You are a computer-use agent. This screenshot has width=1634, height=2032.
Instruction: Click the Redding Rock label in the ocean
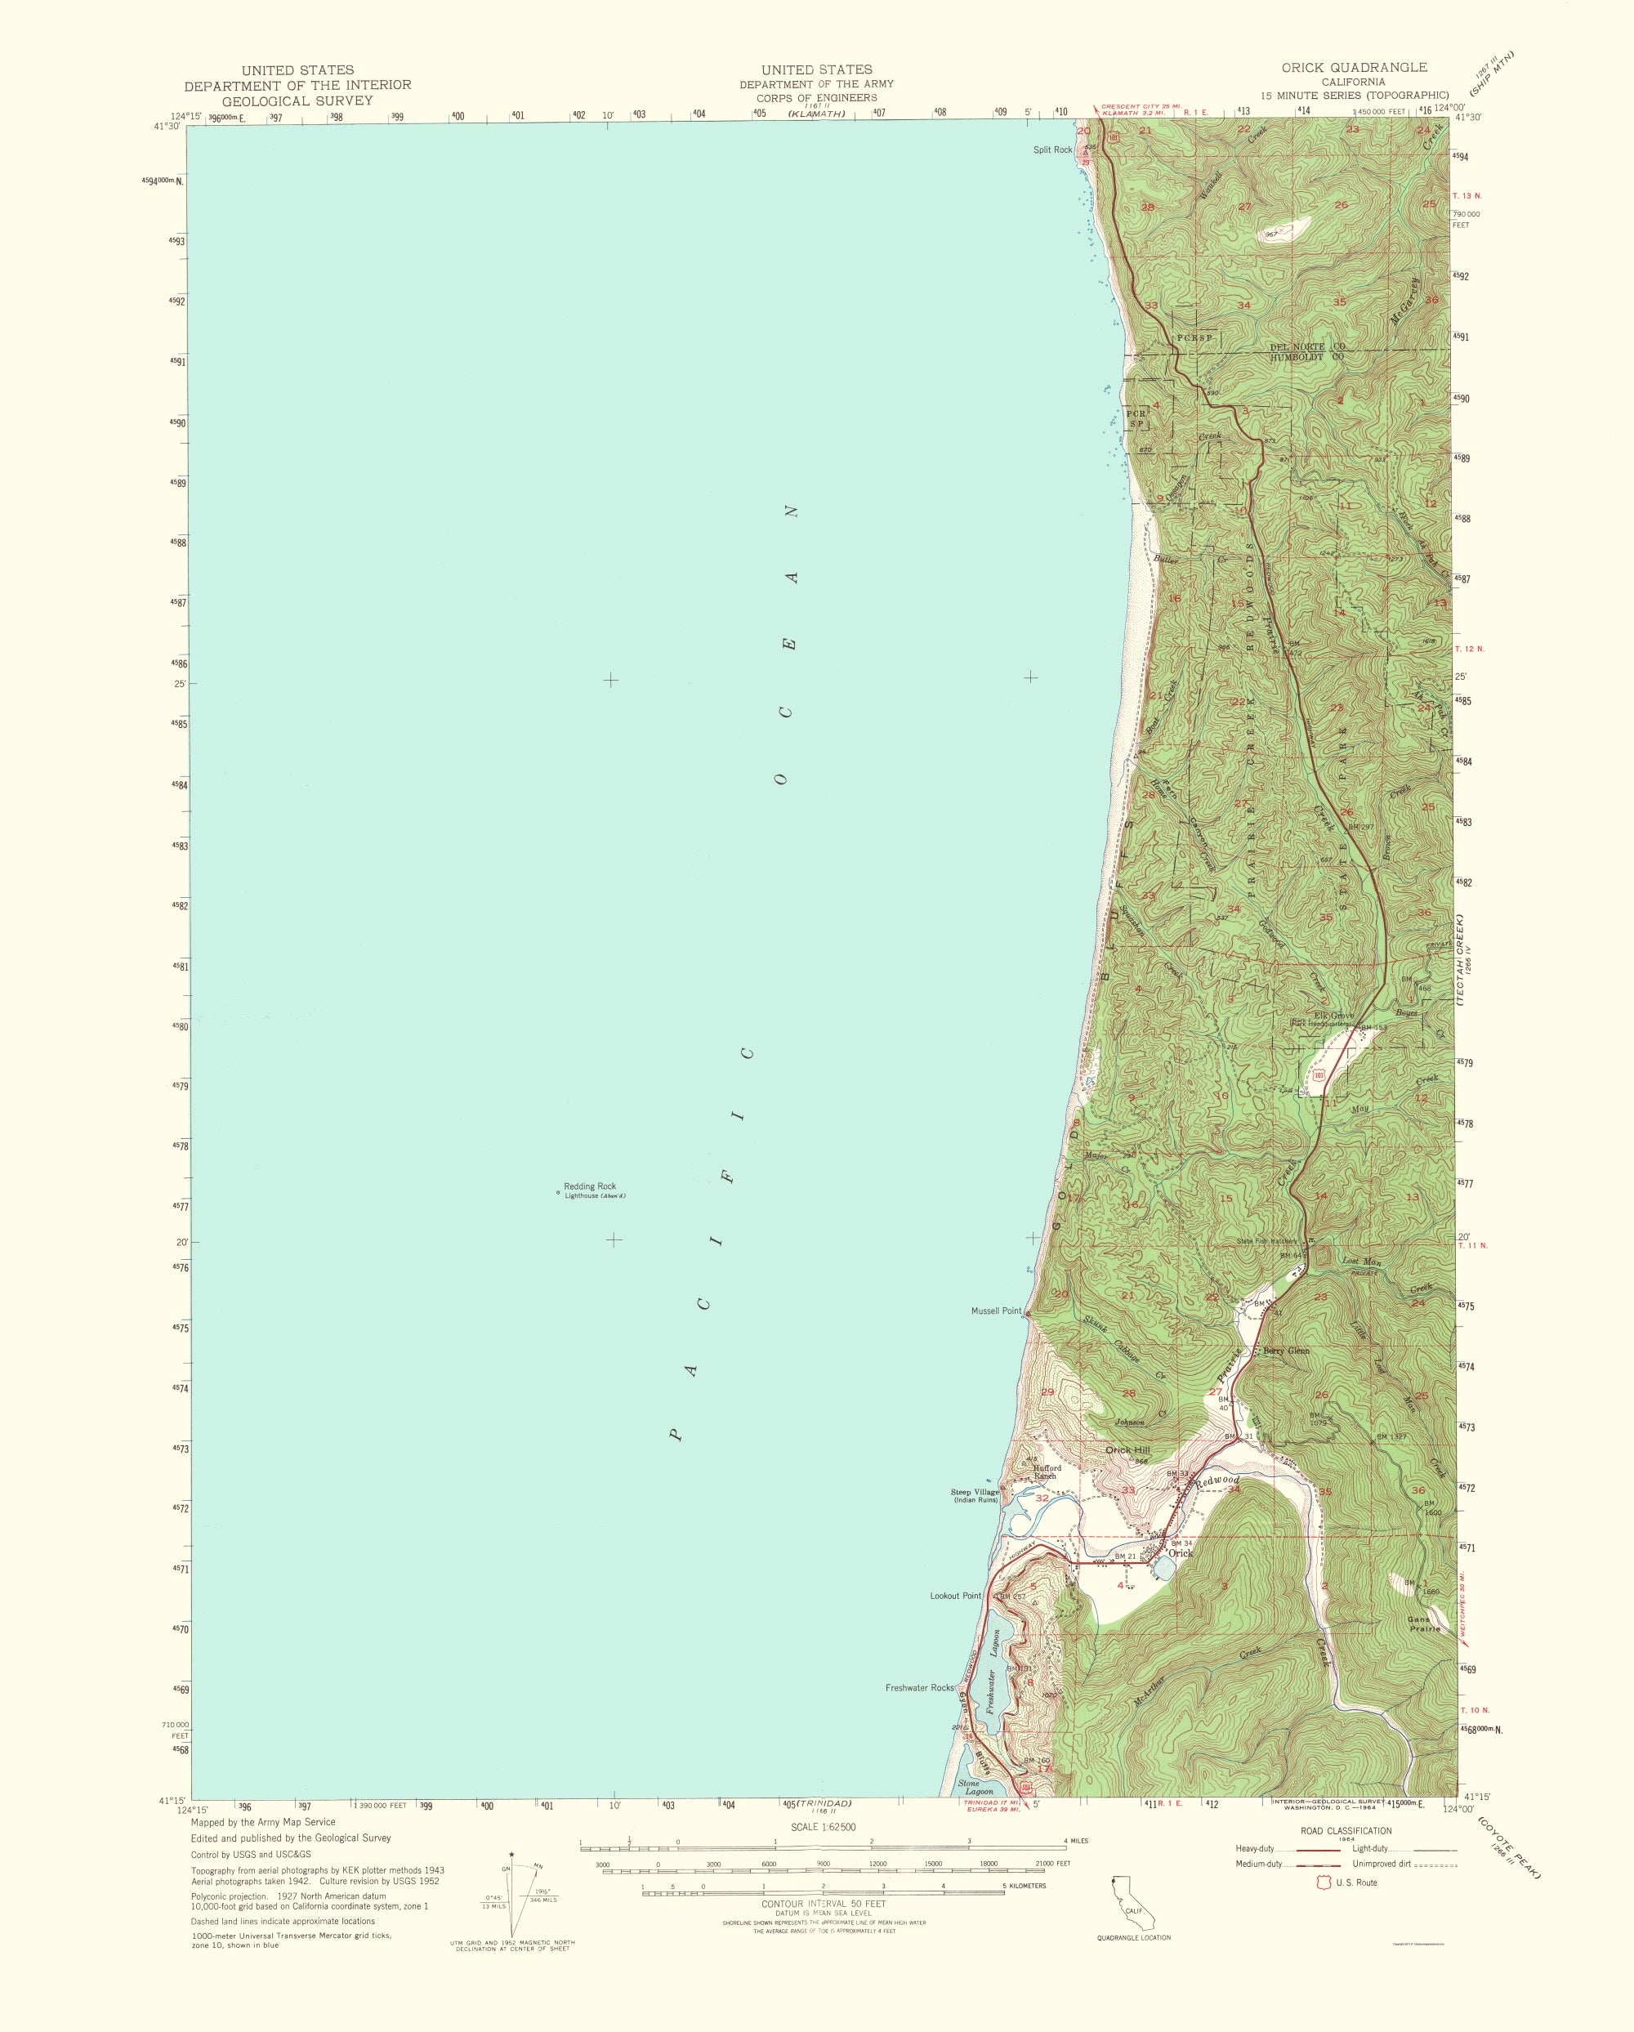(x=590, y=1186)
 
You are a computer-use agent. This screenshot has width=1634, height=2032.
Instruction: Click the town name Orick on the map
(x=1180, y=1552)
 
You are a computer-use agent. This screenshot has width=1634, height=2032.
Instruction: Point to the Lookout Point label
(x=954, y=1596)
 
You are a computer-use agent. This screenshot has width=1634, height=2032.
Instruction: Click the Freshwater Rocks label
(x=920, y=1687)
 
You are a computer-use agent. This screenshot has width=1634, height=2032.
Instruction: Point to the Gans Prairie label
(x=1423, y=1624)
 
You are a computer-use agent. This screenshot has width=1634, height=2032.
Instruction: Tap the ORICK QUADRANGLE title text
(x=1353, y=67)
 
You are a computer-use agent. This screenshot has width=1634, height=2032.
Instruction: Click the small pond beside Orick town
(x=1162, y=1567)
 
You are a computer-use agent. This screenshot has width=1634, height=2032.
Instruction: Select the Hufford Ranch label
(x=1047, y=1472)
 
